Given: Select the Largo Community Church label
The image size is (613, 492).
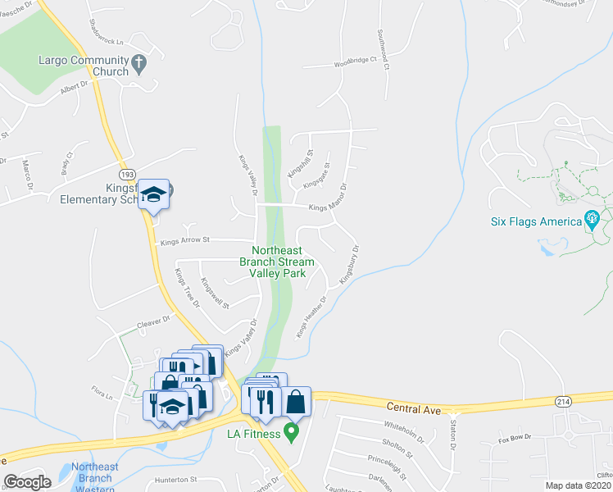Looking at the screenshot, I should pyautogui.click(x=84, y=66).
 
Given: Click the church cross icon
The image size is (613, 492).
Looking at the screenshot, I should pyautogui.click(x=139, y=61).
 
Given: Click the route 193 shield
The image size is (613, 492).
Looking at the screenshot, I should pyautogui.click(x=127, y=175).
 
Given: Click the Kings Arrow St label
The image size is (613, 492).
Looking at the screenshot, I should pyautogui.click(x=186, y=241).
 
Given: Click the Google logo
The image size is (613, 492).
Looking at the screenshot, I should pyautogui.click(x=27, y=481).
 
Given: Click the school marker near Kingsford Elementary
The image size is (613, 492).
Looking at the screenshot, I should pyautogui.click(x=153, y=195).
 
